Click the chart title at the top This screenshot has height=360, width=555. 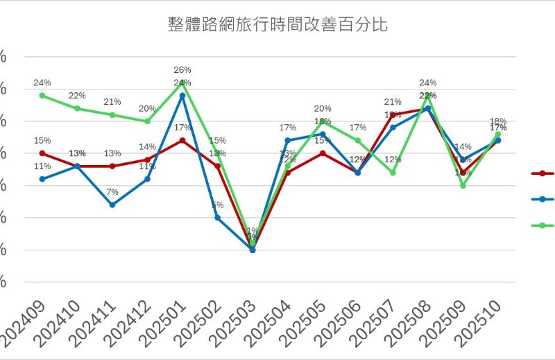click(x=277, y=26)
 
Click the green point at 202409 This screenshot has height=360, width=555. click(x=42, y=95)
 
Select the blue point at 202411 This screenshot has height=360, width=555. click(x=112, y=205)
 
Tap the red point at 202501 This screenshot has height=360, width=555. click(x=182, y=140)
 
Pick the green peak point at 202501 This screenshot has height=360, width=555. click(x=182, y=83)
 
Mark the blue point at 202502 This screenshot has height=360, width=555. click(x=218, y=218)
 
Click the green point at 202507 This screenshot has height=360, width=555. click(x=393, y=173)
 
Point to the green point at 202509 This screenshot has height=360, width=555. click(x=463, y=185)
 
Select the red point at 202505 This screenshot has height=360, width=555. click(x=323, y=153)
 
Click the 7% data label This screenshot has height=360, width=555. click(x=112, y=192)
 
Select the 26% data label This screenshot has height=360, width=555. click(x=182, y=70)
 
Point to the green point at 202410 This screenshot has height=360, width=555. click(x=78, y=108)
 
